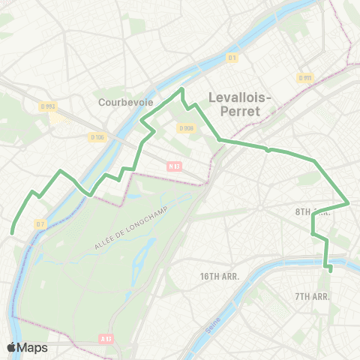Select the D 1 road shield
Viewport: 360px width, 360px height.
232,58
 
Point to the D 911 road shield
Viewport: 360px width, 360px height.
304,78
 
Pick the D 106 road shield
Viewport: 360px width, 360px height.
97,136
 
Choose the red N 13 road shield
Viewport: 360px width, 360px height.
175,166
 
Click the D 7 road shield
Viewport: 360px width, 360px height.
40,223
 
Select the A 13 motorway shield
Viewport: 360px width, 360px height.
106,340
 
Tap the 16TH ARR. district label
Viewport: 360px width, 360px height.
219,277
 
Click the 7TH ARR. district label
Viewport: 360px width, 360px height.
312,296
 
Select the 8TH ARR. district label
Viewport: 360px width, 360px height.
309,212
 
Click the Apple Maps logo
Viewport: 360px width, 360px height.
27,347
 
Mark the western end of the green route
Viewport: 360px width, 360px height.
13,233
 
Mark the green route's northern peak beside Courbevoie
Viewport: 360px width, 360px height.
181,91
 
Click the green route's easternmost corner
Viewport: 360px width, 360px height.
349,202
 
